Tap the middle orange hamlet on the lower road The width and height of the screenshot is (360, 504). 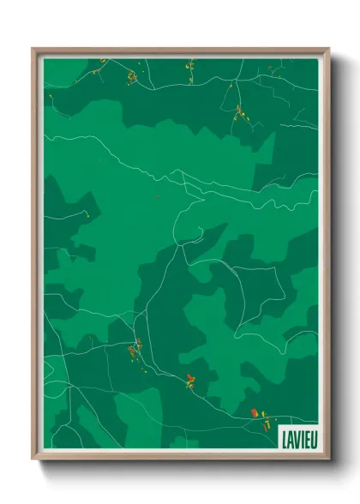point(190,381)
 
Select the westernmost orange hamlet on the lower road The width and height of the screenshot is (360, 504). point(135,347)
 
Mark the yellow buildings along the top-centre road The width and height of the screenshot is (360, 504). point(189,65)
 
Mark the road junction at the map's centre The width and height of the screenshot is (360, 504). point(181,243)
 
